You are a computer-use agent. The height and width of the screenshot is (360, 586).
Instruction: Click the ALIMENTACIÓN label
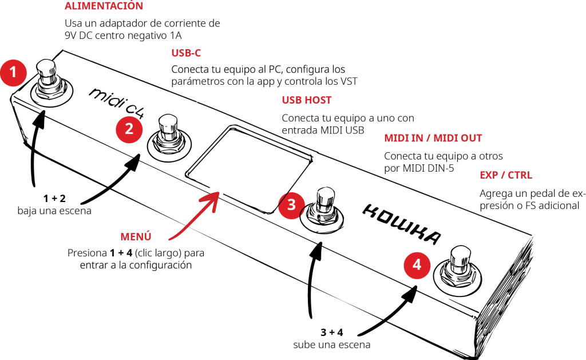pos(104,6)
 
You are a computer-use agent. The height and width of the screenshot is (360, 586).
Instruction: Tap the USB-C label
pos(186,53)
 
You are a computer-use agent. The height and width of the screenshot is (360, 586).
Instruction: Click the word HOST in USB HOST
pos(318,100)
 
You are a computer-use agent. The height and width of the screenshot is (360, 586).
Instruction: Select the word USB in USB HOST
pos(291,100)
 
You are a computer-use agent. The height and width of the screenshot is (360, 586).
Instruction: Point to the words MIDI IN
pos(403,138)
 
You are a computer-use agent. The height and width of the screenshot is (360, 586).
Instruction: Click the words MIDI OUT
pos(458,138)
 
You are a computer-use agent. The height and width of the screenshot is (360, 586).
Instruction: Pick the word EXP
pos(489,176)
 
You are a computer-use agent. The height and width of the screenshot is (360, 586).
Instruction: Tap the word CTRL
pos(520,176)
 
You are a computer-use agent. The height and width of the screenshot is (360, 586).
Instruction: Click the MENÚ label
pos(136,237)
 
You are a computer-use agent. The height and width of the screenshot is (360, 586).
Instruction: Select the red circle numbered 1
pos(13,73)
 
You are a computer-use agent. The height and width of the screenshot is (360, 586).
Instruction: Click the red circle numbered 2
pos(129,129)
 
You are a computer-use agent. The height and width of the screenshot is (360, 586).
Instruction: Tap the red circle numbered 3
pos(291,205)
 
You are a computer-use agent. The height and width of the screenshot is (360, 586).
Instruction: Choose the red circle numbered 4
pos(417,266)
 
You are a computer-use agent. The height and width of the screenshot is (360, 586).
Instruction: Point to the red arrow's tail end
pos(170,239)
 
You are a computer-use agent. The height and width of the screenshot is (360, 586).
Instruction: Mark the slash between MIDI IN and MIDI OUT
pos(429,138)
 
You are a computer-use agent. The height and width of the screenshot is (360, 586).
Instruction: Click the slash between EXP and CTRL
pos(503,176)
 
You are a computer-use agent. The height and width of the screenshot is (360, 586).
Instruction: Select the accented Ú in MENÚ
pos(147,236)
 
